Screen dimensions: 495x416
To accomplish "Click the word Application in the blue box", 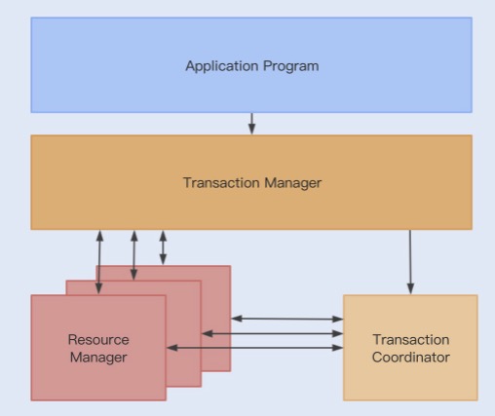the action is tap(222, 66).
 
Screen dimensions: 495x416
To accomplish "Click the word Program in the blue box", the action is tap(291, 66).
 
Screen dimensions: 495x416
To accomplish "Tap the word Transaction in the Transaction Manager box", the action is tap(222, 182).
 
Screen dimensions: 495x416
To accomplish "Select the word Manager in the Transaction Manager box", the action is tap(293, 183).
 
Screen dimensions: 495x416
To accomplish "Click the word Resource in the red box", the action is tap(98, 340).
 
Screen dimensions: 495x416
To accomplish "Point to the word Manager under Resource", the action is tap(98, 358).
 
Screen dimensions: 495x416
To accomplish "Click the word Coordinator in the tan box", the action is tap(411, 358).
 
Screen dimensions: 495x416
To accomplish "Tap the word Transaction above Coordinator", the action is tap(411, 340).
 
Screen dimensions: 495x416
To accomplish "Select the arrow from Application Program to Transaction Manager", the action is tap(251, 124).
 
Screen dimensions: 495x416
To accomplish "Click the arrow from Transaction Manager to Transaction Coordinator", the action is tap(410, 262).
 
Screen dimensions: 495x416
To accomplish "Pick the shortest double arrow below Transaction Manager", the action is tap(163, 247).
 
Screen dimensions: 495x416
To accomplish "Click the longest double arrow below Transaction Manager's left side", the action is tap(99, 262).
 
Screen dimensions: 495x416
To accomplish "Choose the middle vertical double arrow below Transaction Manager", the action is tap(133, 255).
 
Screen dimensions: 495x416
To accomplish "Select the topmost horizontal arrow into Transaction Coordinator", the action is tap(287, 319).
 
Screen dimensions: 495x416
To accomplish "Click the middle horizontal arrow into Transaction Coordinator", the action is tap(272, 333).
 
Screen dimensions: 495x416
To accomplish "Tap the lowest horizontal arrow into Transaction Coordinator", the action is tap(254, 348).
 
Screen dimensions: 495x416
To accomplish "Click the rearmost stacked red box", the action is tap(216, 319).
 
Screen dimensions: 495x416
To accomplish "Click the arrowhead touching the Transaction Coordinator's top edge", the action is tap(410, 288).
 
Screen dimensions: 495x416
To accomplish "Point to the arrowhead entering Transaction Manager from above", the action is tap(251, 129).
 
